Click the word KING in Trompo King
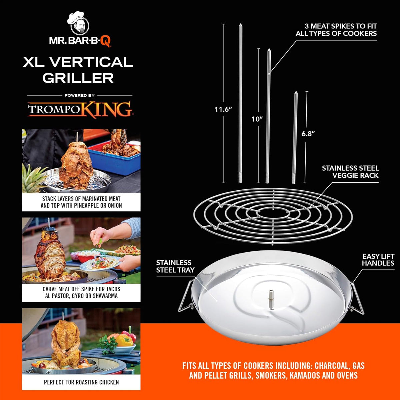click(x=106, y=109)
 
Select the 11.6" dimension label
click(x=223, y=109)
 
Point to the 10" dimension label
click(x=257, y=119)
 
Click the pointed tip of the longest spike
click(x=240, y=24)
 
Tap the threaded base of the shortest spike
click(x=294, y=178)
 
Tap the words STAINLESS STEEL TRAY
click(x=175, y=266)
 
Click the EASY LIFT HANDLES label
click(x=378, y=260)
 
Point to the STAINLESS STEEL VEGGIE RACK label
click(x=350, y=172)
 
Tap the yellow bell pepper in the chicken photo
click(x=124, y=340)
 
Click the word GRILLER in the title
click(x=78, y=78)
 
